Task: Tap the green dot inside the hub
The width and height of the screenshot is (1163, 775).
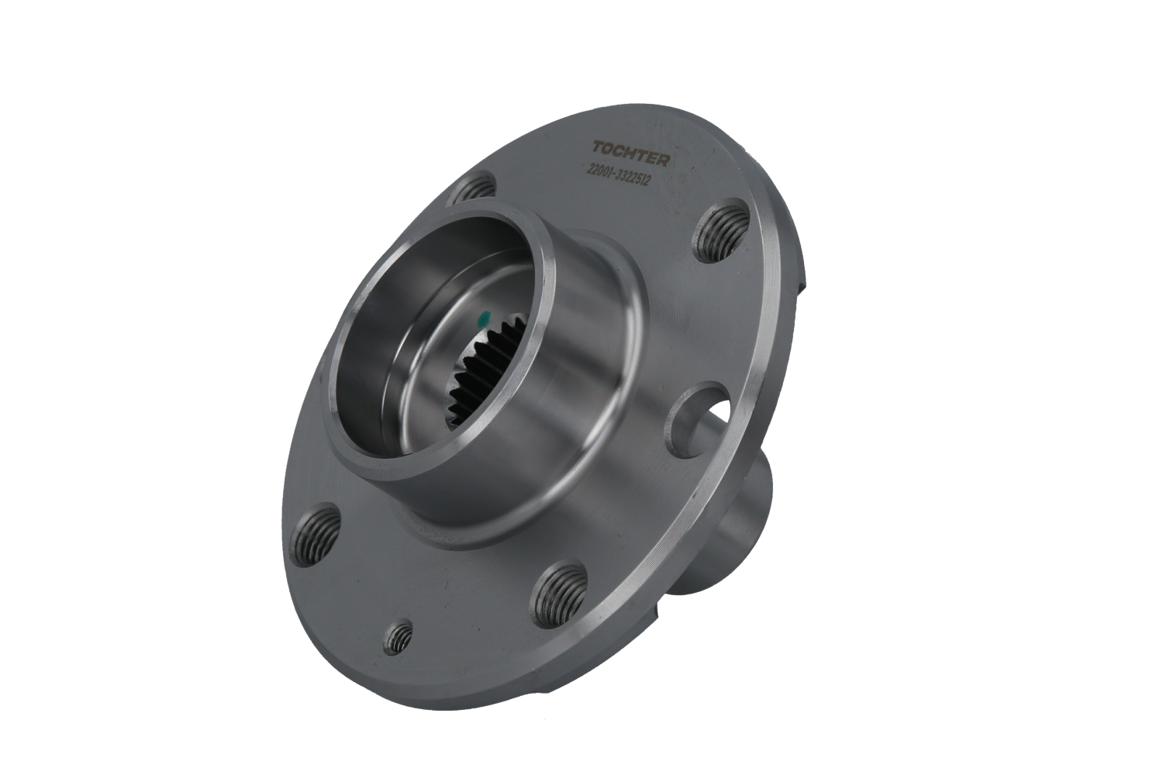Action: (x=485, y=317)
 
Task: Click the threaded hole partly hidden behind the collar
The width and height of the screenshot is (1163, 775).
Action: (x=472, y=188)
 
